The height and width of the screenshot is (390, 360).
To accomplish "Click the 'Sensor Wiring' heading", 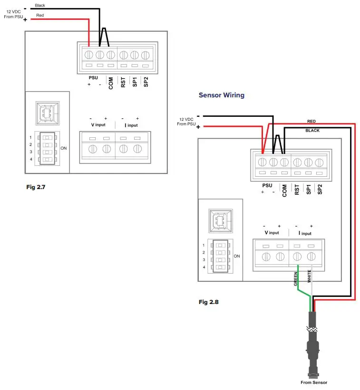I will (221, 95).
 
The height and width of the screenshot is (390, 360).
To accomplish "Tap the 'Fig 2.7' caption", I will (36, 187).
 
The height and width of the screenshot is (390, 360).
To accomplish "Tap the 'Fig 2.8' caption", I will (209, 301).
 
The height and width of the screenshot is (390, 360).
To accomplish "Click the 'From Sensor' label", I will (314, 382).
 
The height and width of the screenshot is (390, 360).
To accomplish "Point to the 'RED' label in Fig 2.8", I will (311, 121).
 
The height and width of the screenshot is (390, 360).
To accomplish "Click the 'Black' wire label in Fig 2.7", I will (40, 6).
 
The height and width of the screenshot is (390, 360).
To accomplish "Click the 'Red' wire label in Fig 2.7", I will (39, 16).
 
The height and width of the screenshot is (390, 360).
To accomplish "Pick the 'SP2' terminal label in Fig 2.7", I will (146, 82).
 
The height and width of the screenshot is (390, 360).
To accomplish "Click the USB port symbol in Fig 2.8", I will (221, 220).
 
